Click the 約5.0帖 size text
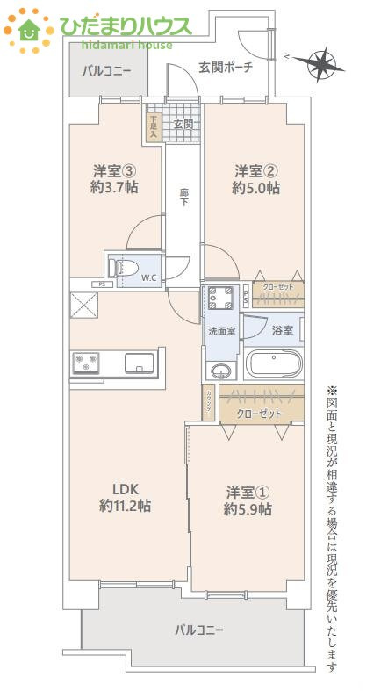tap(255, 188)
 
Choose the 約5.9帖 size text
tap(247, 509)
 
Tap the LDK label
tap(126, 489)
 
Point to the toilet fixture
tap(119, 266)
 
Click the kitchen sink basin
tap(140, 362)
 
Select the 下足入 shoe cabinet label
tap(154, 128)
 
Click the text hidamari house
tap(126, 44)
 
